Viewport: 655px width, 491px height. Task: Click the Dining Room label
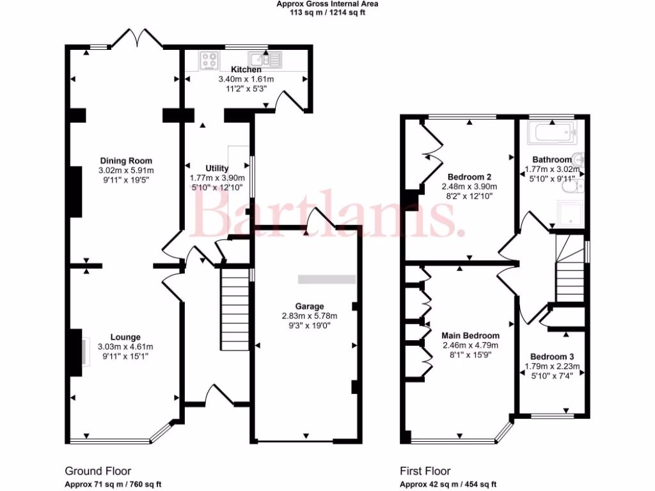[x=126, y=160]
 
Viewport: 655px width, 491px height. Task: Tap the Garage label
[x=310, y=306]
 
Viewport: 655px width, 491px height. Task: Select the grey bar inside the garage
[x=327, y=279]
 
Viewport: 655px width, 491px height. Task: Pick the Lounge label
[x=125, y=337]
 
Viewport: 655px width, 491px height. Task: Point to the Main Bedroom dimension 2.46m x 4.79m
[x=470, y=346]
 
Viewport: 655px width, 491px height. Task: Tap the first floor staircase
[x=569, y=269]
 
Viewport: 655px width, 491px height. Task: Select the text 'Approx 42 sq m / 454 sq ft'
[x=448, y=484]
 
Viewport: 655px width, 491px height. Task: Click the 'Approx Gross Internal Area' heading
[x=327, y=4]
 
